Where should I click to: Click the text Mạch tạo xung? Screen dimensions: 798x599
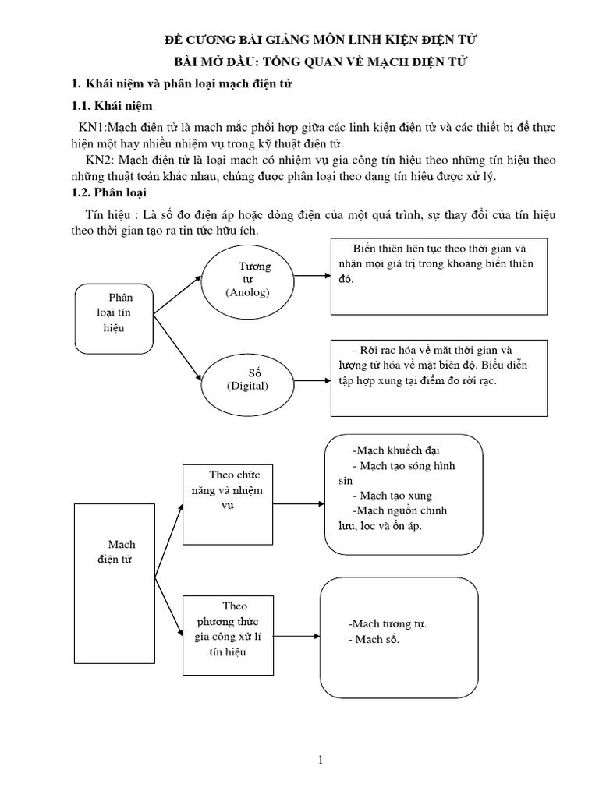[x=392, y=496]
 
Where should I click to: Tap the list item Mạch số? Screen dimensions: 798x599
[x=373, y=639]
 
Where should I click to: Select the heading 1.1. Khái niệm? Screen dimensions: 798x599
[x=112, y=105]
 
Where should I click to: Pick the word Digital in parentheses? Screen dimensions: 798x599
[x=247, y=386]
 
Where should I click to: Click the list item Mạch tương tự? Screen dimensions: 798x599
[x=388, y=624]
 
